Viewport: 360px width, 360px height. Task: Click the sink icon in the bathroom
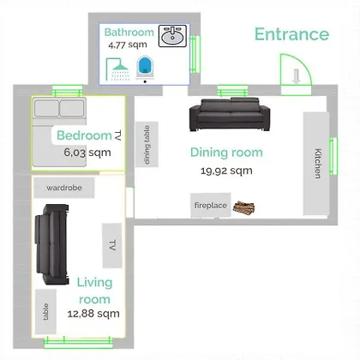[x=172, y=36]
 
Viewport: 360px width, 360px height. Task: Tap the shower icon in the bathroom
[x=118, y=69]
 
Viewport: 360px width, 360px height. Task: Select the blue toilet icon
[x=145, y=68]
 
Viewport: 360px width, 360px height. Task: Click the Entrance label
[x=291, y=34]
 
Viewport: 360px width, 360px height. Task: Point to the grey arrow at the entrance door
[x=297, y=76]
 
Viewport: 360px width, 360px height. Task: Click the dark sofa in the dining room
[x=230, y=114]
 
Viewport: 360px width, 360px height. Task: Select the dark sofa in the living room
[x=52, y=244]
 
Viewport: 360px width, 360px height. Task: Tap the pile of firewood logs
[x=243, y=207]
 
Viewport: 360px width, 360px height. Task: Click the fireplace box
[x=211, y=205]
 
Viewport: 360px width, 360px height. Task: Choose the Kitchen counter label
[x=317, y=163]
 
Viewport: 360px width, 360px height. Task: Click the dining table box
[x=147, y=144]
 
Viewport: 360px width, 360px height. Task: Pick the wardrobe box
[x=64, y=188]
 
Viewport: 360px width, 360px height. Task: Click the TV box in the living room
[x=112, y=246]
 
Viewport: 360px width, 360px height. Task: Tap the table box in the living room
[x=45, y=312]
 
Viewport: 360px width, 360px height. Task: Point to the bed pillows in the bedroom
[x=59, y=109]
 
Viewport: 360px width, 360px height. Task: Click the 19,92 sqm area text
[x=226, y=171]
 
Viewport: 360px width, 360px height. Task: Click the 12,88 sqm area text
[x=93, y=314]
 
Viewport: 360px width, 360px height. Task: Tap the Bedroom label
[x=84, y=135]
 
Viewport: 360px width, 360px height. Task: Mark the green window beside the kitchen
[x=333, y=156]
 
